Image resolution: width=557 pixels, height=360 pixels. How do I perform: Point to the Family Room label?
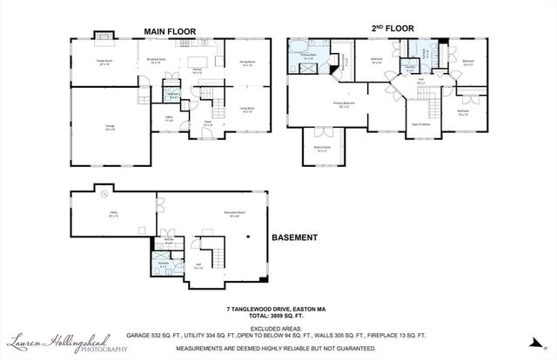(104, 62)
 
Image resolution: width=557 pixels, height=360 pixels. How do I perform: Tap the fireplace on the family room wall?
(104, 36)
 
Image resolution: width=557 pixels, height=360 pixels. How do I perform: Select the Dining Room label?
(245, 62)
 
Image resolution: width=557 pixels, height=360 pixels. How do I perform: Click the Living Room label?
(245, 110)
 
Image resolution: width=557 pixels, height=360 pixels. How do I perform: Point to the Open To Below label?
(421, 124)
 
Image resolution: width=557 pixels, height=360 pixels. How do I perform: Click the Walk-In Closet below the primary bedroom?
(322, 148)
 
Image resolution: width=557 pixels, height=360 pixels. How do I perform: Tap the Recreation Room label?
(231, 214)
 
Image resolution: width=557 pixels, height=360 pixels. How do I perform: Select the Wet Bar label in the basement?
(170, 238)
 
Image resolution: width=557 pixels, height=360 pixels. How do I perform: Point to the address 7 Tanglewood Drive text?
(277, 309)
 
